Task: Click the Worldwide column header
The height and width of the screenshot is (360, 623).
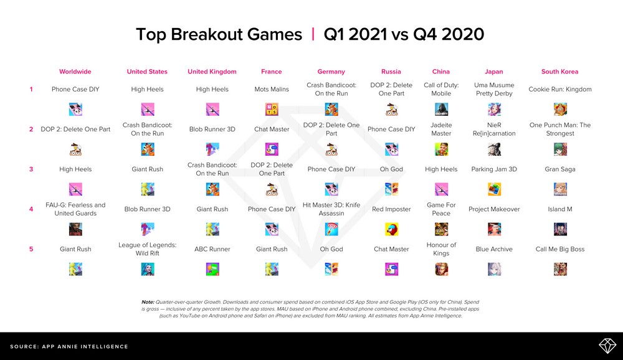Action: click(x=75, y=72)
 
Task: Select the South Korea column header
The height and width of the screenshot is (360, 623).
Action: click(x=560, y=72)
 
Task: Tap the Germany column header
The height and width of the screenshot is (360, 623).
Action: click(x=331, y=72)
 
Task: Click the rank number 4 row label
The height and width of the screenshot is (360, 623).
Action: click(x=31, y=209)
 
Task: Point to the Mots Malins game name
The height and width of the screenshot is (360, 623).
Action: click(x=272, y=90)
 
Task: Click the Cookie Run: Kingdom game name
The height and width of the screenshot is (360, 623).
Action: click(x=560, y=90)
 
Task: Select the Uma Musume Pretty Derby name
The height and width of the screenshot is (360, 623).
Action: click(x=494, y=90)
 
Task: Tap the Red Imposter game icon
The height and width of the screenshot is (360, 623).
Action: click(x=391, y=229)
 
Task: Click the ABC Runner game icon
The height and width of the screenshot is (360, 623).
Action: click(x=212, y=269)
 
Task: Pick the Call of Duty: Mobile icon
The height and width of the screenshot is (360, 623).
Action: click(x=441, y=109)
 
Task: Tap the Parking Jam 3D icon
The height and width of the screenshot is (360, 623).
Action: click(x=494, y=189)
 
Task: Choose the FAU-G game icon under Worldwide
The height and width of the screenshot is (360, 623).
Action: click(x=75, y=229)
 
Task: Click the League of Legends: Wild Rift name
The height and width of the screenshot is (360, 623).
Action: click(x=148, y=249)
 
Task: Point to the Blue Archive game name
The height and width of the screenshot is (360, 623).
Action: click(x=494, y=249)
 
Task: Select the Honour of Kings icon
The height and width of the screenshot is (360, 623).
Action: click(x=441, y=269)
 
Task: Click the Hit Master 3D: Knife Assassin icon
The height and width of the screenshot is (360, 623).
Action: click(x=331, y=229)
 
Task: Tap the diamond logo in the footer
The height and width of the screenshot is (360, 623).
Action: click(x=607, y=346)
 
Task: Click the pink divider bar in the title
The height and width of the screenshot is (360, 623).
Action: click(x=313, y=34)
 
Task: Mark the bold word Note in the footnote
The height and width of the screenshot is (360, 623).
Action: click(x=148, y=302)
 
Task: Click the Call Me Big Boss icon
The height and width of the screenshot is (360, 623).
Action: click(x=560, y=269)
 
